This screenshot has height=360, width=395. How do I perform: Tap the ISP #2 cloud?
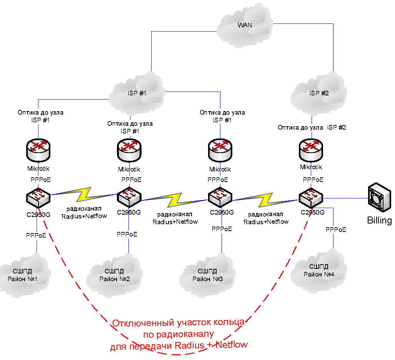point(319,93)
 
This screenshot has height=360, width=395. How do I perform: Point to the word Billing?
point(379,220)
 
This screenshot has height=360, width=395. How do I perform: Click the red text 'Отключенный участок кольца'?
point(178,322)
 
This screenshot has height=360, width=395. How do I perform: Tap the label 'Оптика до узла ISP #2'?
point(312,127)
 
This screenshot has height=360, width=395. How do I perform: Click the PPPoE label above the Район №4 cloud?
point(336,230)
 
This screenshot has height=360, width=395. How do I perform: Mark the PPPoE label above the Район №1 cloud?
point(36,235)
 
